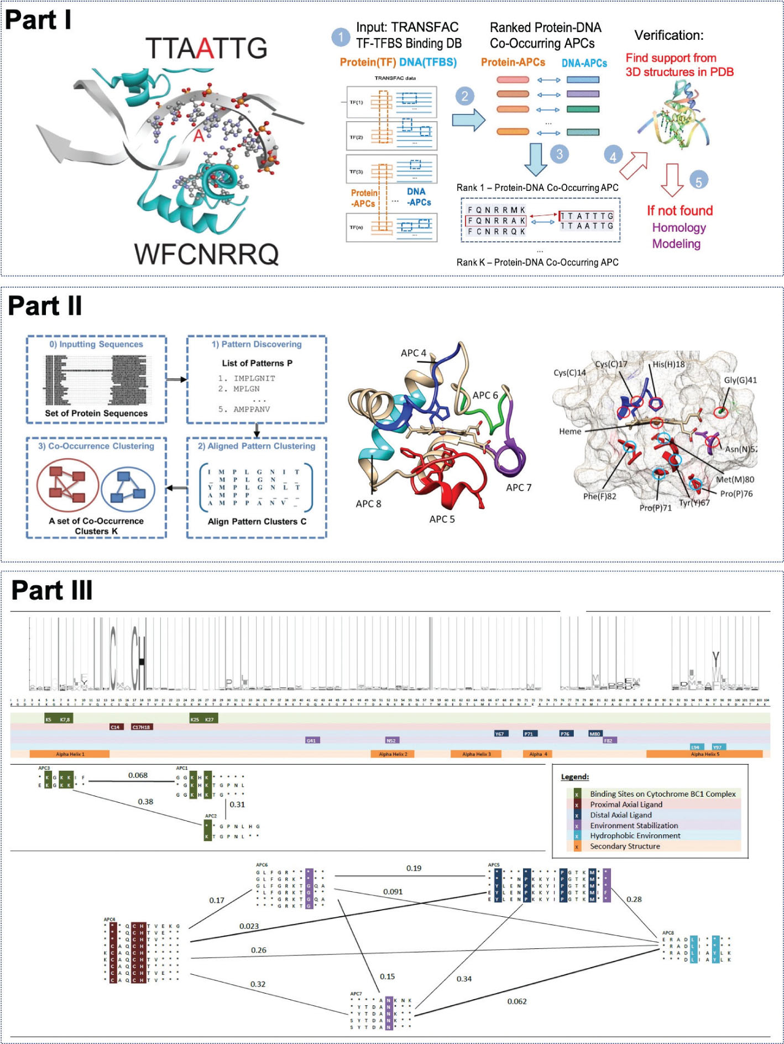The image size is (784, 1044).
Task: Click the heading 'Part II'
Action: pos(45,306)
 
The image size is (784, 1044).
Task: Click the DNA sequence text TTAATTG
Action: pos(206,48)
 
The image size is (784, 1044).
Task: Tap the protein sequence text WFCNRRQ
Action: pos(206,254)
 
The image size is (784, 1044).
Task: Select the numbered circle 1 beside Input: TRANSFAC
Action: pos(341,37)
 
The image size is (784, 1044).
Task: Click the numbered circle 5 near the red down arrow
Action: pos(698,181)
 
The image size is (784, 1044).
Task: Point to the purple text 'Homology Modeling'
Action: pos(678,236)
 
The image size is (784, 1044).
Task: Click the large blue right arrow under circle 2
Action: pos(468,120)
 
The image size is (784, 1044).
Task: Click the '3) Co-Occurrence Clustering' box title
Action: pos(96,446)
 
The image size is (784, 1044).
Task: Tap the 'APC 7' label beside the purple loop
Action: pos(519,487)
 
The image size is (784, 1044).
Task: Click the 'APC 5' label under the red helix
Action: pos(442,519)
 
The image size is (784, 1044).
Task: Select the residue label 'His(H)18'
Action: pos(668,364)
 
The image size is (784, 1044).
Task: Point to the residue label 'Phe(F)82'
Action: pos(599,496)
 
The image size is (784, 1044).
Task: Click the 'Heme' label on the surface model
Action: pos(570,432)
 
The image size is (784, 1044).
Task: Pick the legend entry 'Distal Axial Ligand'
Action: pos(620,815)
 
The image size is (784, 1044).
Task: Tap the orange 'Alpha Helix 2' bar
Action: pos(393,754)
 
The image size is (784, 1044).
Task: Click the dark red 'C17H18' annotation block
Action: pos(142,727)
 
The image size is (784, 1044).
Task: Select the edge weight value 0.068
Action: pos(138,775)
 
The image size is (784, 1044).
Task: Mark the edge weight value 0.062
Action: pos(517,1001)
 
